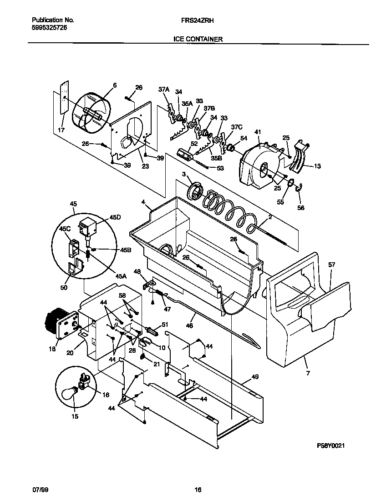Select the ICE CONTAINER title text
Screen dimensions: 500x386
pyautogui.click(x=198, y=40)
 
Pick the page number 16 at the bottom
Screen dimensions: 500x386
pyautogui.click(x=198, y=490)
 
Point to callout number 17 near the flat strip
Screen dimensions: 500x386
pyautogui.click(x=61, y=130)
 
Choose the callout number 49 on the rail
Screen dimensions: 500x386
pyautogui.click(x=255, y=377)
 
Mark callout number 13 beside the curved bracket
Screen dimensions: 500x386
pyautogui.click(x=317, y=166)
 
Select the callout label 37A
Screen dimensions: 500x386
pyautogui.click(x=163, y=90)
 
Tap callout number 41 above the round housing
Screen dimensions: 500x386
pyautogui.click(x=258, y=132)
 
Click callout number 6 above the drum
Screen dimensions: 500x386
pyautogui.click(x=114, y=85)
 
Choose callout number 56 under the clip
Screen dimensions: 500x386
pyautogui.click(x=300, y=208)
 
